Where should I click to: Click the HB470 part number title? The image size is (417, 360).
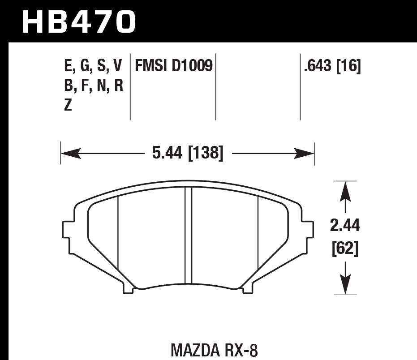78,21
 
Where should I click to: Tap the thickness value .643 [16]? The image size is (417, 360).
332,67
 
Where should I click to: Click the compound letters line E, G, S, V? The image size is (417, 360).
93,67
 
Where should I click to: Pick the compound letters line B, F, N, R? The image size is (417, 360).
94,86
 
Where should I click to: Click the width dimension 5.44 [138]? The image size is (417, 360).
188,154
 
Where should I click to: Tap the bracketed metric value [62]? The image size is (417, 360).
345,249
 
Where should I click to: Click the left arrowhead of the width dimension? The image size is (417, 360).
69,154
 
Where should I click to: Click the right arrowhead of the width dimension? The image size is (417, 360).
305,154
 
